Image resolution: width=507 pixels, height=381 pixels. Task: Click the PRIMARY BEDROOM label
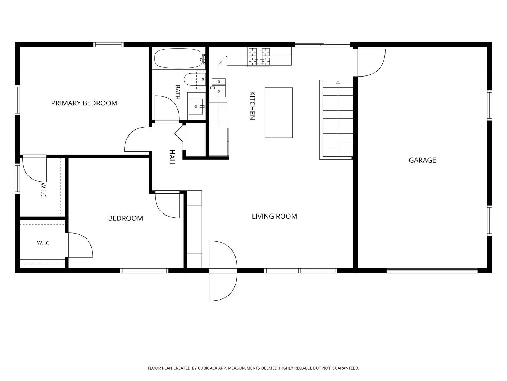click(84, 103)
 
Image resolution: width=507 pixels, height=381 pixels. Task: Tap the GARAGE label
click(422, 160)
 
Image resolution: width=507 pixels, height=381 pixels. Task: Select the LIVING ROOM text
click(274, 216)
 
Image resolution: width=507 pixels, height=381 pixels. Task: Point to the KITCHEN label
click(252, 106)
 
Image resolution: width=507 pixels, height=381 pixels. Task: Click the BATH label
click(177, 92)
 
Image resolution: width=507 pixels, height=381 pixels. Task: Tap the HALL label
click(172, 158)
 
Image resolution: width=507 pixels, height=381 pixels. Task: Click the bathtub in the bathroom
click(179, 58)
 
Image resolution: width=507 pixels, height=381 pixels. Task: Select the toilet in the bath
click(194, 79)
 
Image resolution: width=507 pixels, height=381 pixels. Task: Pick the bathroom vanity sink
click(196, 107)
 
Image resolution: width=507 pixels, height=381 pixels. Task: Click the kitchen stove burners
click(259, 57)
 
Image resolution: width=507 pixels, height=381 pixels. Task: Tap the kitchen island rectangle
click(278, 113)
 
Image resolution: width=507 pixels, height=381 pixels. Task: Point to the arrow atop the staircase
click(338, 81)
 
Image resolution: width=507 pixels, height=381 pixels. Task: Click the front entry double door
click(223, 271)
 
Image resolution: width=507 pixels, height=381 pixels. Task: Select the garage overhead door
click(432, 271)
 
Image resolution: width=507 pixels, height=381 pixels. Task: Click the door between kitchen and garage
click(369, 62)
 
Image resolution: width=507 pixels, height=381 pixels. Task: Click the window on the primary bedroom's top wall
click(108, 45)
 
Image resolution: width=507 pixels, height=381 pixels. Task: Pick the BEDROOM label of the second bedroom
click(125, 218)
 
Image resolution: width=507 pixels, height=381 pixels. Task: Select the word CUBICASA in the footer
click(207, 368)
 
